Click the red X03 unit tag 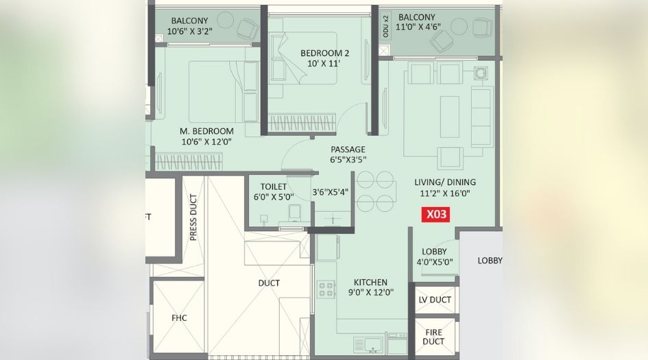coord(437,214)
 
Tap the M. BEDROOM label coord(207,131)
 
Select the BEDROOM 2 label coord(325,53)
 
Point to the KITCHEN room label coord(370,282)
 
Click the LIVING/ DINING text coord(444,182)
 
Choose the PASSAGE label coord(348,149)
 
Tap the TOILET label coord(273,187)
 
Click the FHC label coord(179,317)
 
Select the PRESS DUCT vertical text coord(193,218)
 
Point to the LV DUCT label coord(434,300)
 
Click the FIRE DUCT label coord(433,335)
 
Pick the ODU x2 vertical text coord(385,27)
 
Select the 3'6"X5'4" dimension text coord(331,192)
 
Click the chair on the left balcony coord(246,28)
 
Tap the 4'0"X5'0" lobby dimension coord(434,261)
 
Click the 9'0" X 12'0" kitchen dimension coord(370,293)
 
